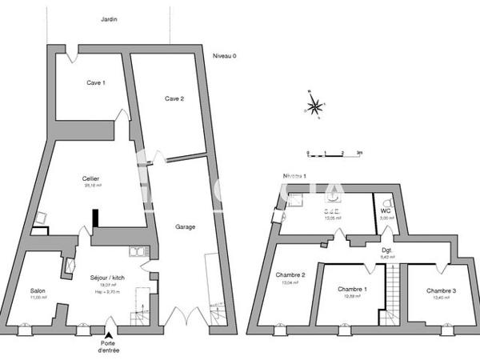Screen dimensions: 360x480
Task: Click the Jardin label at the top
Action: pyautogui.click(x=109, y=18)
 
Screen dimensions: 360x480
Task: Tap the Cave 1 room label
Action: pyautogui.click(x=96, y=82)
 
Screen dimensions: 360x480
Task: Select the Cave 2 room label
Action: pyautogui.click(x=174, y=98)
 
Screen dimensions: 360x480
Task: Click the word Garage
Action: pyautogui.click(x=186, y=226)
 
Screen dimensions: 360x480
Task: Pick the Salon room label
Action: pyautogui.click(x=38, y=290)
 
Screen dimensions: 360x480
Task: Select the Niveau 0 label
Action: pyautogui.click(x=226, y=55)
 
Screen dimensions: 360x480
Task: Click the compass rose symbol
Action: pyautogui.click(x=316, y=106)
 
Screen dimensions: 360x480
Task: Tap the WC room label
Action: pyautogui.click(x=385, y=211)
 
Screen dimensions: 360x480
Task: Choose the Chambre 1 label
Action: pyautogui.click(x=352, y=289)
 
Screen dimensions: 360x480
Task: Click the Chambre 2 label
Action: pyautogui.click(x=290, y=274)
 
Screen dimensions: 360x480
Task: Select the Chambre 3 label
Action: pyautogui.click(x=441, y=290)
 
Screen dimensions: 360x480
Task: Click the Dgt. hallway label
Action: pyautogui.click(x=386, y=249)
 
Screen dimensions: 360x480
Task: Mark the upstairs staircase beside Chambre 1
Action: pyautogui.click(x=394, y=292)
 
